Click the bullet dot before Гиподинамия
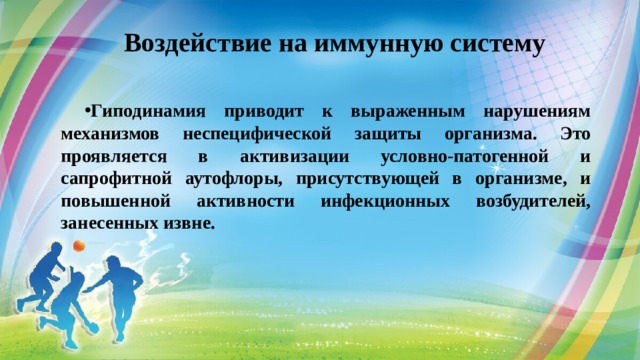point(89,110)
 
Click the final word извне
point(191,222)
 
